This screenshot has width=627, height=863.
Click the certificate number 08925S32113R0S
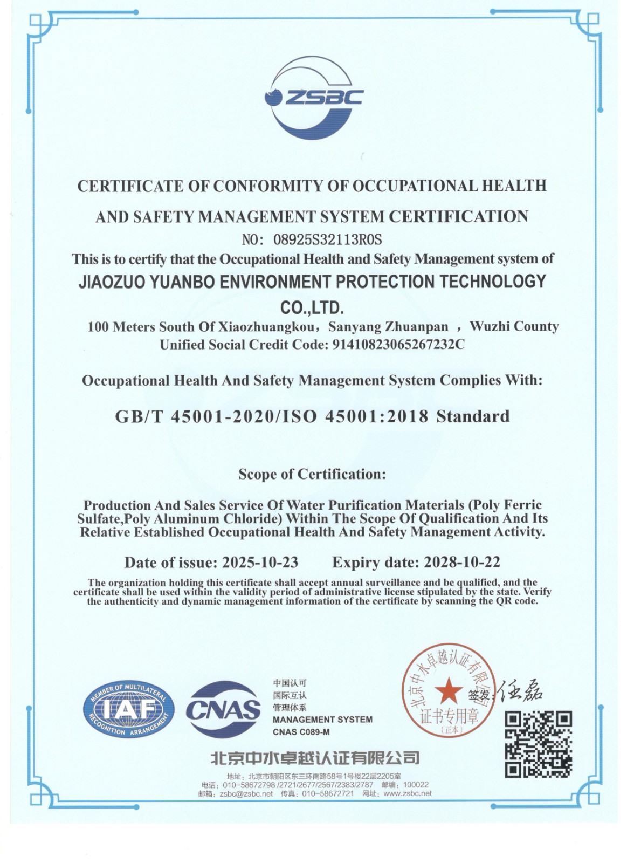click(x=327, y=238)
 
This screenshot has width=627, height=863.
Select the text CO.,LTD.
click(x=312, y=309)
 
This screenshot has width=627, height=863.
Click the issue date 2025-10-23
click(x=260, y=563)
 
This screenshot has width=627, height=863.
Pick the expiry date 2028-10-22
click(x=462, y=562)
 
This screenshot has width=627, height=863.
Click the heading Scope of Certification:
click(x=312, y=474)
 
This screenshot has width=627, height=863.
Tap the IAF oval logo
click(x=128, y=709)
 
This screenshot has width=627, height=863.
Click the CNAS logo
click(x=223, y=709)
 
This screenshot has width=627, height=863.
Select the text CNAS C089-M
click(x=301, y=732)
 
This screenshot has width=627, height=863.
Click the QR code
click(x=538, y=744)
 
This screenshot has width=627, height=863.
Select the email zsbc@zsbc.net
click(x=246, y=793)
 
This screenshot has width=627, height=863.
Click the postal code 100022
click(x=416, y=785)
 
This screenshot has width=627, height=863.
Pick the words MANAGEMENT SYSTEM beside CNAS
click(x=322, y=720)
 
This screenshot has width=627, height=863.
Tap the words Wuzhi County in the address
click(x=514, y=326)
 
